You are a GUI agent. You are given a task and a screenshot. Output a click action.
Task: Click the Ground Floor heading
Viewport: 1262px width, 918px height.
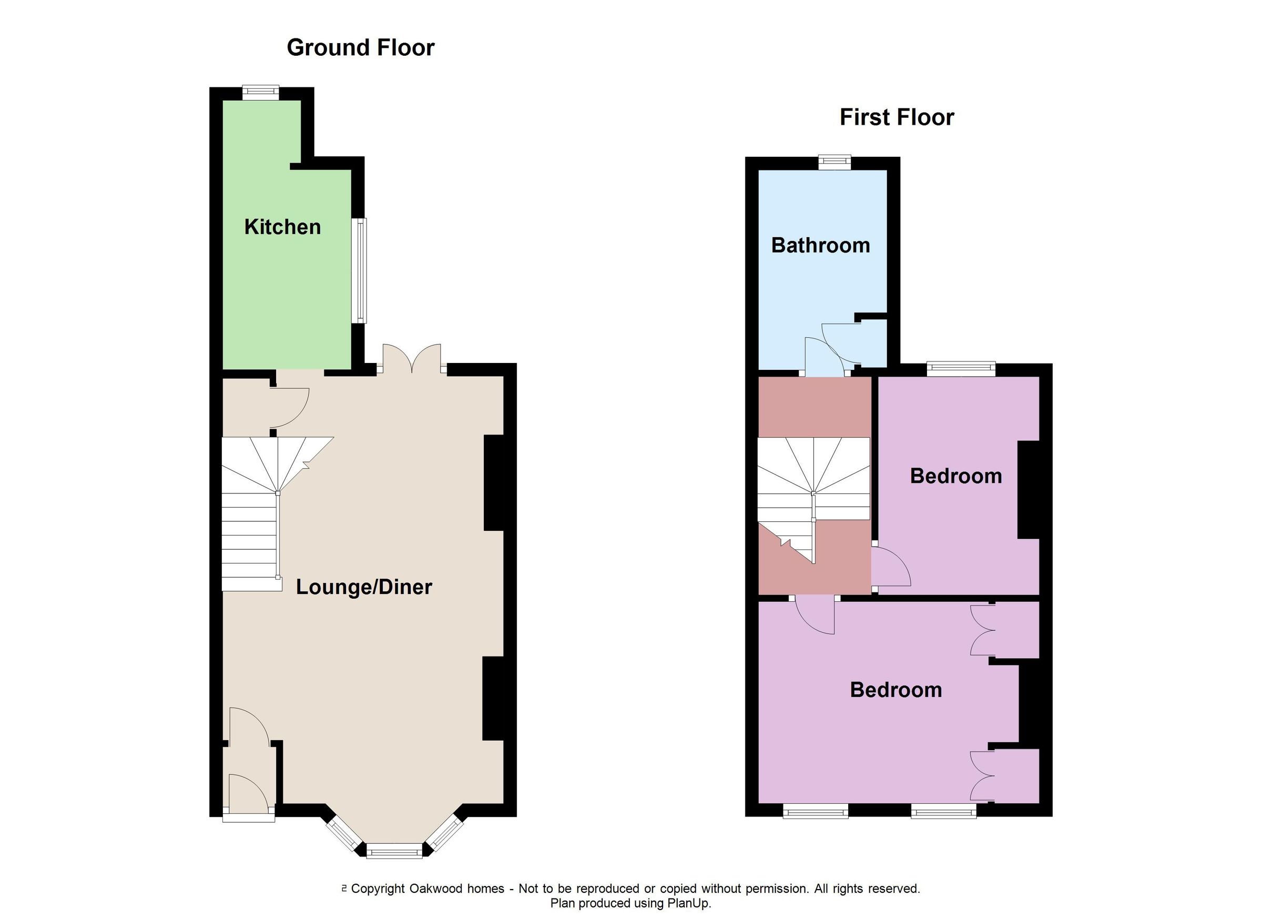click(x=360, y=48)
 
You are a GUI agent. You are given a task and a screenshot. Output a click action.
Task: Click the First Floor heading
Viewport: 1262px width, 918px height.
click(x=897, y=117)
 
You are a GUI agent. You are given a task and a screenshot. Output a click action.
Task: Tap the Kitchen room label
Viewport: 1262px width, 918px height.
click(x=282, y=227)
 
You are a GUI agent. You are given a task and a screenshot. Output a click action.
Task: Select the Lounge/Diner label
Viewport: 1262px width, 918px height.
click(x=363, y=587)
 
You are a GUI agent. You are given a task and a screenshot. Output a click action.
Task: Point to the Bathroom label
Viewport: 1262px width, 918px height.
click(x=820, y=246)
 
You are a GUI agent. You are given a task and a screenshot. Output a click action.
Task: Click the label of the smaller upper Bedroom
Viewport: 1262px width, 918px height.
click(x=955, y=476)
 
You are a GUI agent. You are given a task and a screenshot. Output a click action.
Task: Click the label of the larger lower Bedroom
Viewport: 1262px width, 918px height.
click(x=895, y=690)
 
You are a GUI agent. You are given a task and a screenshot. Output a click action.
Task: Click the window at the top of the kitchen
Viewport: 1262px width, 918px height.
click(x=260, y=92)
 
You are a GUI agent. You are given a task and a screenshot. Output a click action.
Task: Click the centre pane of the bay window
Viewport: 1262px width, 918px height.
click(x=394, y=850)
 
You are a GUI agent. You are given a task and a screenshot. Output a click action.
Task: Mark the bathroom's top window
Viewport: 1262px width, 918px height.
click(x=834, y=162)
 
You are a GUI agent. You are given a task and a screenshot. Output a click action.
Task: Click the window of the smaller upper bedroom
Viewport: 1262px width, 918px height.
click(x=960, y=367)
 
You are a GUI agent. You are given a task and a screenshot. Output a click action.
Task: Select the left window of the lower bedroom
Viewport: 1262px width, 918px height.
click(x=815, y=812)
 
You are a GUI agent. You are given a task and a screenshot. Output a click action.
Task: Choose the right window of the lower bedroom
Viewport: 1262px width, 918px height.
click(x=943, y=812)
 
